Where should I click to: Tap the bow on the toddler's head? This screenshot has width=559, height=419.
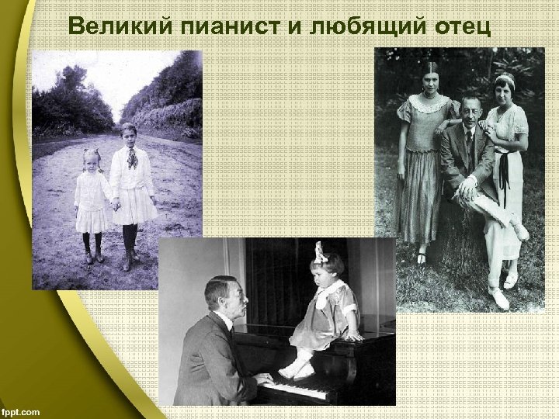(318, 252)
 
